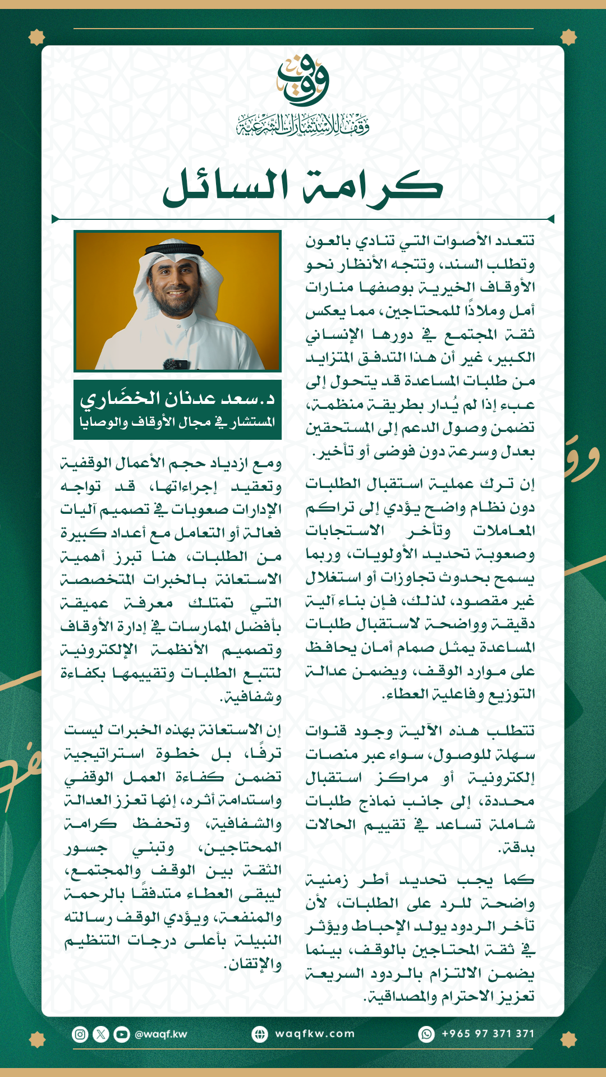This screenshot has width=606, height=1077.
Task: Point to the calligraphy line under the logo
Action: tap(303, 125)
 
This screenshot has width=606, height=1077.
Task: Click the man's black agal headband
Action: tap(175, 248)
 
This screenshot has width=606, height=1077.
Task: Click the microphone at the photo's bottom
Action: tap(175, 364)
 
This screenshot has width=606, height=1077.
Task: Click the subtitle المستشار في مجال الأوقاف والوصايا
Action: tap(177, 422)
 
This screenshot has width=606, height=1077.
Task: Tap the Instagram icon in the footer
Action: tap(80, 1034)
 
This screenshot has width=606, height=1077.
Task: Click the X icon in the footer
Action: tap(101, 1034)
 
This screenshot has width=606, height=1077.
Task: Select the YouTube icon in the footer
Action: tap(122, 1034)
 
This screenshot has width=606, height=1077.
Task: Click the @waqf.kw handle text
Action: tap(160, 1034)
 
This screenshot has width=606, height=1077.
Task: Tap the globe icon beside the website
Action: tap(260, 1034)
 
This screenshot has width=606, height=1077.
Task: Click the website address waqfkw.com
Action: tap(315, 1034)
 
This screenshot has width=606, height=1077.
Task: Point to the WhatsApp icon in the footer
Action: tap(427, 1034)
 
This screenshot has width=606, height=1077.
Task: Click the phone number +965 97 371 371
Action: tap(488, 1034)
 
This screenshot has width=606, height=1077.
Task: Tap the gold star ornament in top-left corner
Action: tap(37, 38)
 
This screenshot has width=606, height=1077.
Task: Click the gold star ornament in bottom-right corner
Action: tap(568, 1039)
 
